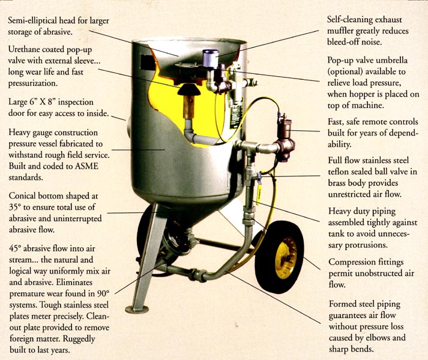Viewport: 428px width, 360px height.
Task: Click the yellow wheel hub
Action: [x=286, y=258]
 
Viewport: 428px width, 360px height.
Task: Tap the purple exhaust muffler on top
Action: [x=210, y=58]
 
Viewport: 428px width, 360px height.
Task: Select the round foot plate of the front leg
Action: [x=137, y=309]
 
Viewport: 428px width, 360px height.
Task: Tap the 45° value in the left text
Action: [x=15, y=248]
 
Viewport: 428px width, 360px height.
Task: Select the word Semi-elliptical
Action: [x=32, y=20]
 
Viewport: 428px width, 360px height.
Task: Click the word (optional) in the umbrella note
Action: [x=345, y=71]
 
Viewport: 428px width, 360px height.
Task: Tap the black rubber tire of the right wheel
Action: [x=280, y=257]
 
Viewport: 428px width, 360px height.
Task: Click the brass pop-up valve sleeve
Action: [x=189, y=106]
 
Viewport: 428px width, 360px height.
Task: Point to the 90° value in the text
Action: [x=103, y=293]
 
